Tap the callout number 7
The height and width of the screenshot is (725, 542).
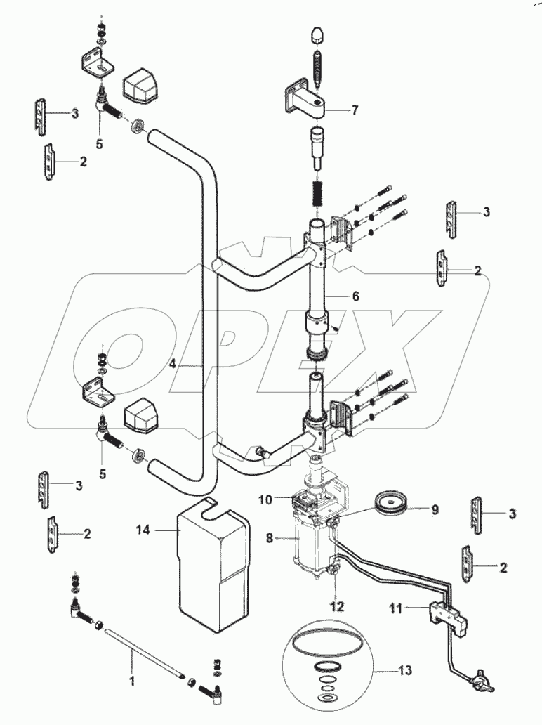(355, 110)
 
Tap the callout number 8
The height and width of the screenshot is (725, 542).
(270, 539)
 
